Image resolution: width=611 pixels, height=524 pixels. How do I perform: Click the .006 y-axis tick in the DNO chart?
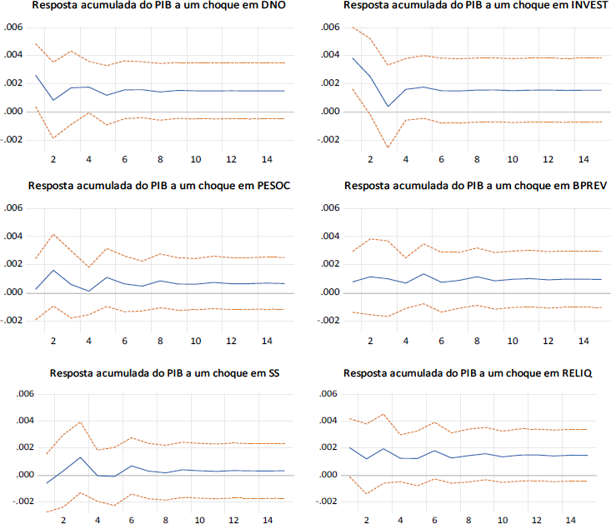pos(14,28)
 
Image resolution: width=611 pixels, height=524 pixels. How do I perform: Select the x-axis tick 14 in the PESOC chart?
pos(265,341)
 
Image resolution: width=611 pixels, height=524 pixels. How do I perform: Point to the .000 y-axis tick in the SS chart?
pos(14,475)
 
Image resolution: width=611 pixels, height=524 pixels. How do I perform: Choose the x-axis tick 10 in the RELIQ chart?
pos(503,519)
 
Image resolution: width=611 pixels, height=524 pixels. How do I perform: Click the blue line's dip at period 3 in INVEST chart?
pos(388,106)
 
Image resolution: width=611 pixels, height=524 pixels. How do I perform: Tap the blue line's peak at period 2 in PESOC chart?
pos(53,270)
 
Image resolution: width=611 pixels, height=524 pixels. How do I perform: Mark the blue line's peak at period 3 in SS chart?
pos(81,457)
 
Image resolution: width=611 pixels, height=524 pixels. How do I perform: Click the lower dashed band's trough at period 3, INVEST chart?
pos(388,147)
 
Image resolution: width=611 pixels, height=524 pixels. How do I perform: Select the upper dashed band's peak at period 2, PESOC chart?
pos(53,234)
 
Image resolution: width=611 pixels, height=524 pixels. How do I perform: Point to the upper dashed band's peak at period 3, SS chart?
pos(81,422)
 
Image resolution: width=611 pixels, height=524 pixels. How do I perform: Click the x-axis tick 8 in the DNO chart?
pos(159,159)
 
